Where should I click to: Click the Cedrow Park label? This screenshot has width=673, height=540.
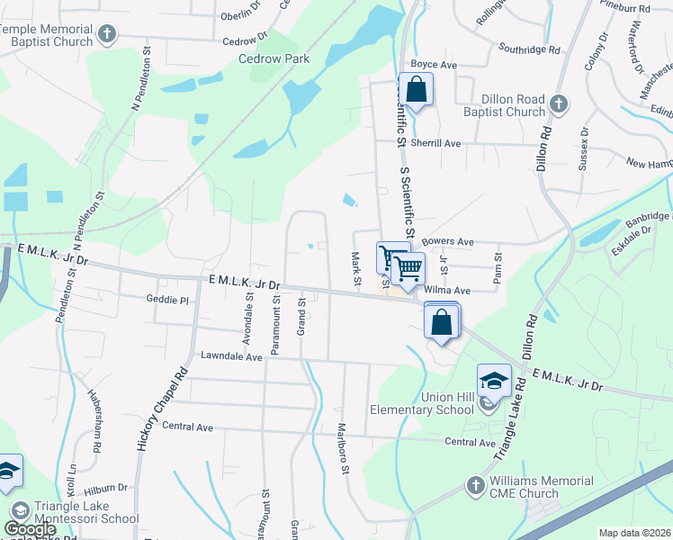click(274, 59)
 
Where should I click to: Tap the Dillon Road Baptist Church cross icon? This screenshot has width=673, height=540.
click(558, 103)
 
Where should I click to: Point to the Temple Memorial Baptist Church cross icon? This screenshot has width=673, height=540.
click(107, 35)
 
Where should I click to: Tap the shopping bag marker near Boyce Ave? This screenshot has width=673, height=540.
click(416, 90)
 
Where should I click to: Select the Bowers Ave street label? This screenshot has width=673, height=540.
click(448, 242)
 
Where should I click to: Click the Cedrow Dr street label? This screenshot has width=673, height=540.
click(245, 40)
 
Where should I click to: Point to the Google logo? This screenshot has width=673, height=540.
click(31, 529)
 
